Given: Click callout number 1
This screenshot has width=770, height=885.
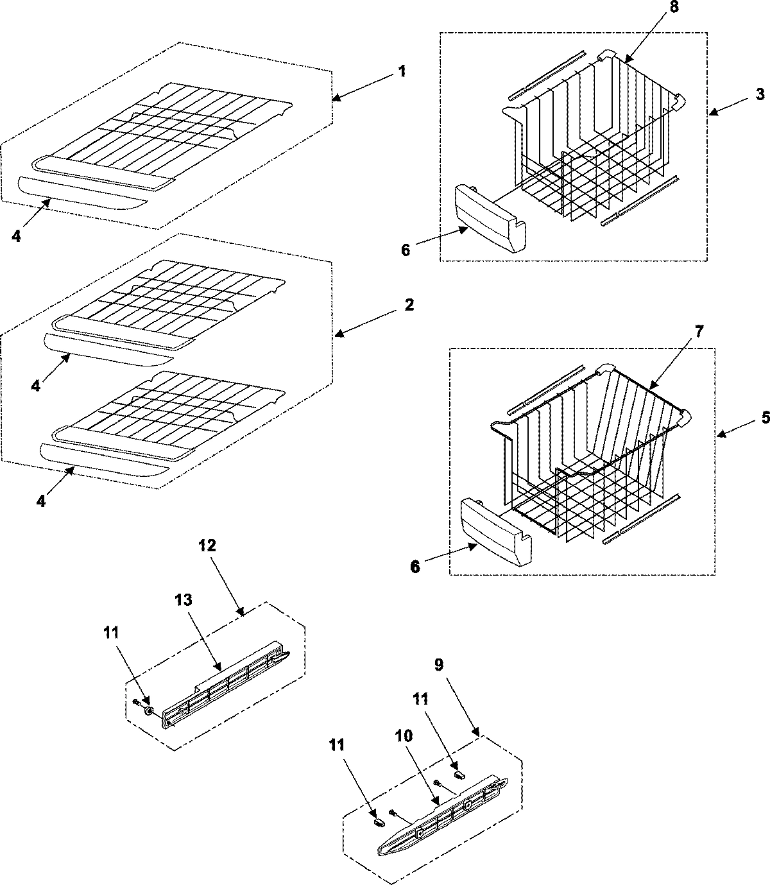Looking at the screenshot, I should click(401, 71).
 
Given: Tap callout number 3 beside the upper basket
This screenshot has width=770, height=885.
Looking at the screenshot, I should click(760, 94).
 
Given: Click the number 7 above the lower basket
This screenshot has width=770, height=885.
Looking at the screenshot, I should click(681, 332).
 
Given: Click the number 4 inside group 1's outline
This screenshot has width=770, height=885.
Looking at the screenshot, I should click(15, 236).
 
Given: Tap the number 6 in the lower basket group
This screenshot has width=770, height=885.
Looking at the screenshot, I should click(415, 567).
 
